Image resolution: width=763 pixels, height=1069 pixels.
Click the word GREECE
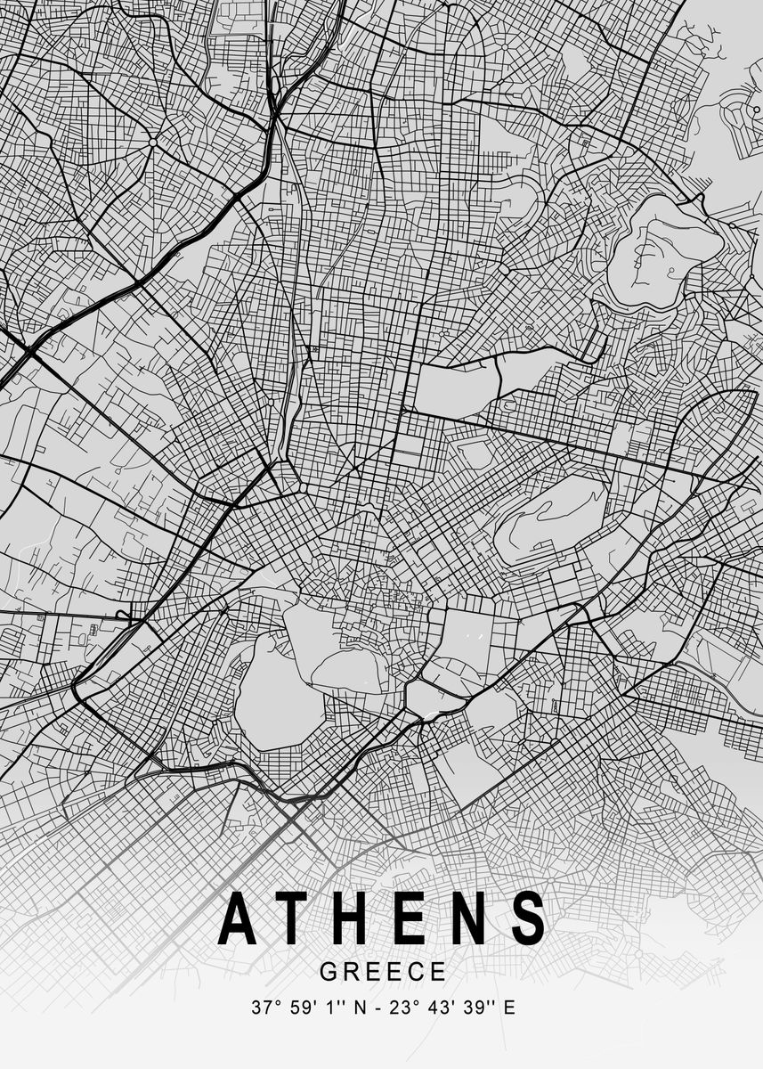point(382,971)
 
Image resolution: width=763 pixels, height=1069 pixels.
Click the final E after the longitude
point(509,1009)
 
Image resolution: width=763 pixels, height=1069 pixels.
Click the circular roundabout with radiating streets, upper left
point(153,142)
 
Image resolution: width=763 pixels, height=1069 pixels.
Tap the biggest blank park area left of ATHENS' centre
point(278,690)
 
